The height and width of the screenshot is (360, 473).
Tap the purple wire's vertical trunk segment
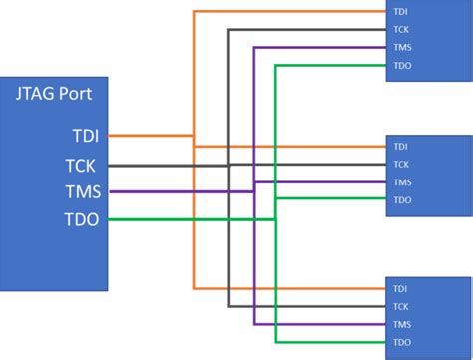coord(255,249)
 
